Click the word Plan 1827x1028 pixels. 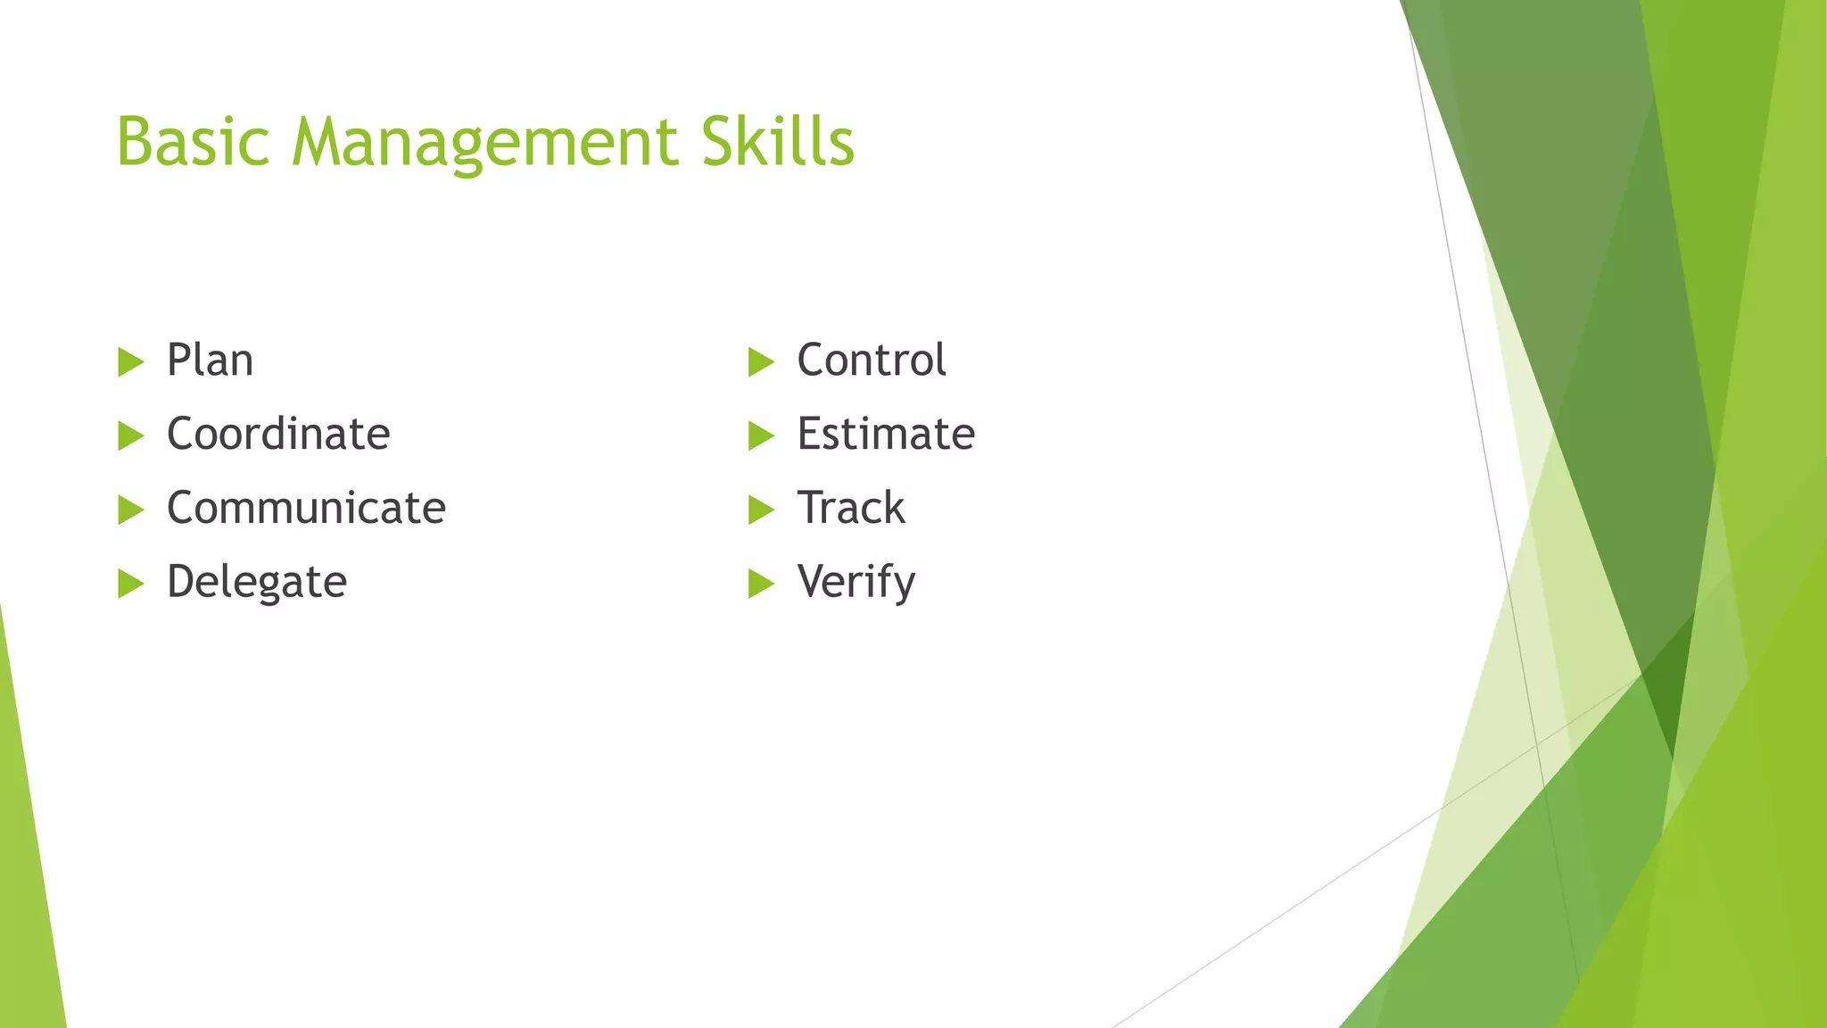210,361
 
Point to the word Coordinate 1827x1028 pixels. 278,435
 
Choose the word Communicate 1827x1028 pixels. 306,509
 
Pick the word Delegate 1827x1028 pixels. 257,583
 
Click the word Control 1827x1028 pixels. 871,361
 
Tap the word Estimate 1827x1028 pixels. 886,435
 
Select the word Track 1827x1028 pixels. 851,509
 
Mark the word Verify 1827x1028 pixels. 856,583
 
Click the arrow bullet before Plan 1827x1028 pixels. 130,362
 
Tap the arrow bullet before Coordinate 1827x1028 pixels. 130,436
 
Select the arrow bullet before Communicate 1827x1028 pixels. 130,510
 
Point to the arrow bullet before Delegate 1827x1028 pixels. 130,584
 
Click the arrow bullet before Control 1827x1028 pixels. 760,362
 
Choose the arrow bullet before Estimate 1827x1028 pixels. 760,436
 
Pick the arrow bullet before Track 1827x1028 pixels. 760,510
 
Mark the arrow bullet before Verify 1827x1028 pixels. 760,584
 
